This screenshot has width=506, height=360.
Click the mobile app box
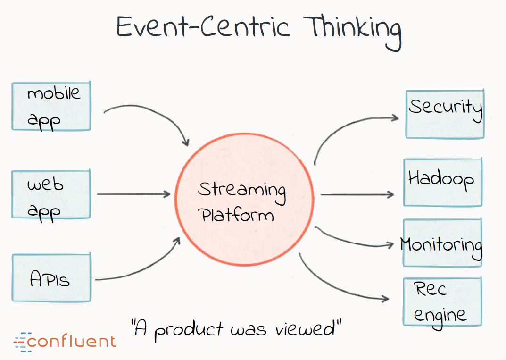[51, 106]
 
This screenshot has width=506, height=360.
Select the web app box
[51, 194]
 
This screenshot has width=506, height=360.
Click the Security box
[444, 115]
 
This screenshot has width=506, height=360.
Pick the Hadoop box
[442, 182]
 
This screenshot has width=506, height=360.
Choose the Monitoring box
[442, 243]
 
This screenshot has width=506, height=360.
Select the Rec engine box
[442, 301]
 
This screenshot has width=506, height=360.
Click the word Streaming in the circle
[241, 190]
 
